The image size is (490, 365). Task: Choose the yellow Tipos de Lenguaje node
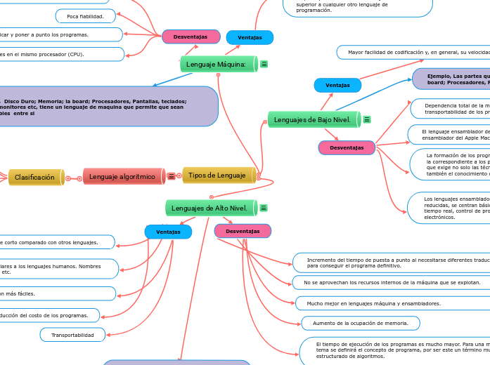(218, 175)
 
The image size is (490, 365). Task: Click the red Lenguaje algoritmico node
(123, 177)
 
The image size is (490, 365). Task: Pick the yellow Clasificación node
(36, 178)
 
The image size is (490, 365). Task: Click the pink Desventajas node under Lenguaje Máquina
(191, 36)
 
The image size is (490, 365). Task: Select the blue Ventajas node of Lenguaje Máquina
(250, 37)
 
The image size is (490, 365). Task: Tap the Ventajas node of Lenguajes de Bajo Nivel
(337, 85)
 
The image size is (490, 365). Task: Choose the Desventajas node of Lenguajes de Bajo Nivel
(347, 147)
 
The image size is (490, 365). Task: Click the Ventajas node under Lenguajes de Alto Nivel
(168, 232)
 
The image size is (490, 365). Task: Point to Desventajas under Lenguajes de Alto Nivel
(243, 231)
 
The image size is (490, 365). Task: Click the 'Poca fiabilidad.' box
(85, 16)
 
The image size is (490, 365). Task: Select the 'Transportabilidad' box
(72, 336)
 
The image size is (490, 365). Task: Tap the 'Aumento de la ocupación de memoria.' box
(361, 323)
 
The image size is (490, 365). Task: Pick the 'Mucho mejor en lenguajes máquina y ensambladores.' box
(373, 303)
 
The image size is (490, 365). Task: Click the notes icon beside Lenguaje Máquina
(264, 65)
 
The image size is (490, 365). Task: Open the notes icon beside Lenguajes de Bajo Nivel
(367, 120)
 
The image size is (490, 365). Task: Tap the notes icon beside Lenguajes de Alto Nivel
(264, 208)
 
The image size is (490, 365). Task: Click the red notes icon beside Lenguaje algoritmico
(172, 177)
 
